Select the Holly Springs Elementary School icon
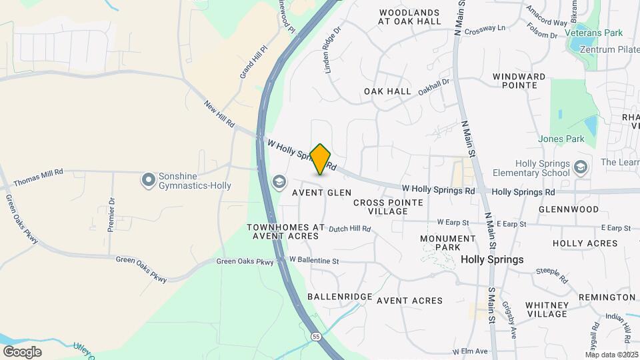click(x=581, y=166)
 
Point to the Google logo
click(x=22, y=351)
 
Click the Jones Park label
click(x=562, y=139)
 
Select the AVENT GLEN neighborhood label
click(x=321, y=193)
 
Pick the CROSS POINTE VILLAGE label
click(x=389, y=207)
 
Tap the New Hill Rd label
click(x=220, y=113)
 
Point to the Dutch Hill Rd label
click(x=349, y=229)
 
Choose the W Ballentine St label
click(x=314, y=260)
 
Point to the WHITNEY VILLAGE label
click(x=546, y=309)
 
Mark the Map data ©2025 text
click(x=612, y=355)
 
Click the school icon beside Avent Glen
click(x=279, y=181)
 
